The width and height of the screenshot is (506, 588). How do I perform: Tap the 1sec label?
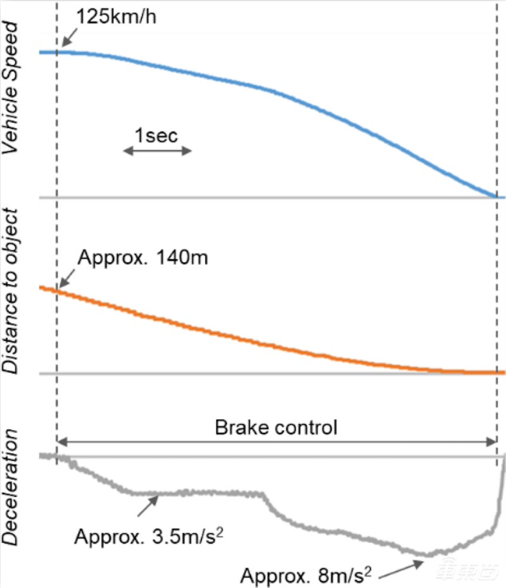(x=157, y=136)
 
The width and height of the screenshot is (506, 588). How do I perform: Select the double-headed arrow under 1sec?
(x=157, y=151)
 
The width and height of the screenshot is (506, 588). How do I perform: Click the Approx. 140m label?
(x=143, y=259)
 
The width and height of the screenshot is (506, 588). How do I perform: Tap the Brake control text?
(x=276, y=427)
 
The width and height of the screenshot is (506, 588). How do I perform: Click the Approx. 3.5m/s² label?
(x=149, y=535)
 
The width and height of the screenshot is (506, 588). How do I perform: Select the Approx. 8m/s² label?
(x=307, y=575)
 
